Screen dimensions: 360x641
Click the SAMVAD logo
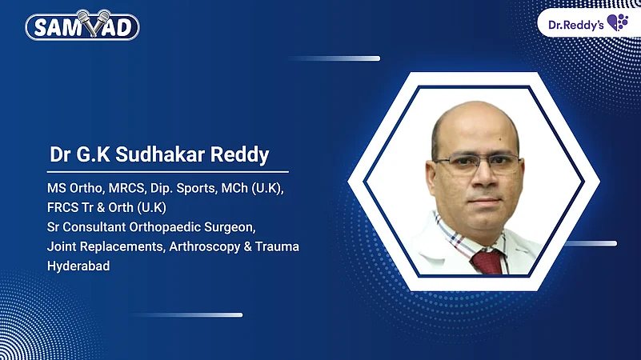(82, 26)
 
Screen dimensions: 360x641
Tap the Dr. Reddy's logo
(588, 22)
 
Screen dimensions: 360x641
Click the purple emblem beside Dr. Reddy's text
(618, 22)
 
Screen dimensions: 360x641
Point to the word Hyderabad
(78, 266)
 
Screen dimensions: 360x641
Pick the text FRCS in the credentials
(63, 208)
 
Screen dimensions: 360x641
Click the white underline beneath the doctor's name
(167, 171)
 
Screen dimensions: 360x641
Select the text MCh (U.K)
(258, 189)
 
